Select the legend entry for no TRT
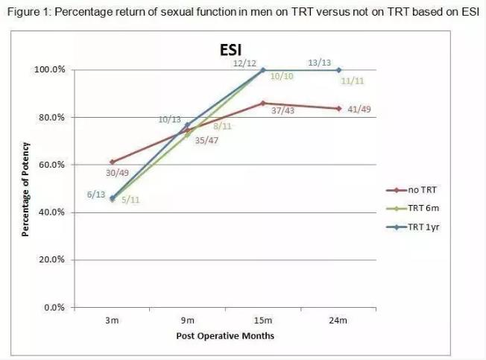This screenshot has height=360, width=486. [416, 189]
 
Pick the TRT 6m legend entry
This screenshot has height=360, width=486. [419, 209]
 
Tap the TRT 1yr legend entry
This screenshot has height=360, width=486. [420, 227]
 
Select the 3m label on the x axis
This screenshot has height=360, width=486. [112, 320]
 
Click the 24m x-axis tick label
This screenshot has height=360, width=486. [338, 320]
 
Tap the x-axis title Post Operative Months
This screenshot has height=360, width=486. [225, 335]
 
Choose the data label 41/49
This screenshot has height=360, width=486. [359, 110]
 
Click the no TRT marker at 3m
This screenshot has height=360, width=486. [112, 162]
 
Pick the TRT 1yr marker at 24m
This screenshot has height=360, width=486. [338, 70]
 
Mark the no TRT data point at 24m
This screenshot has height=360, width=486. [338, 108]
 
